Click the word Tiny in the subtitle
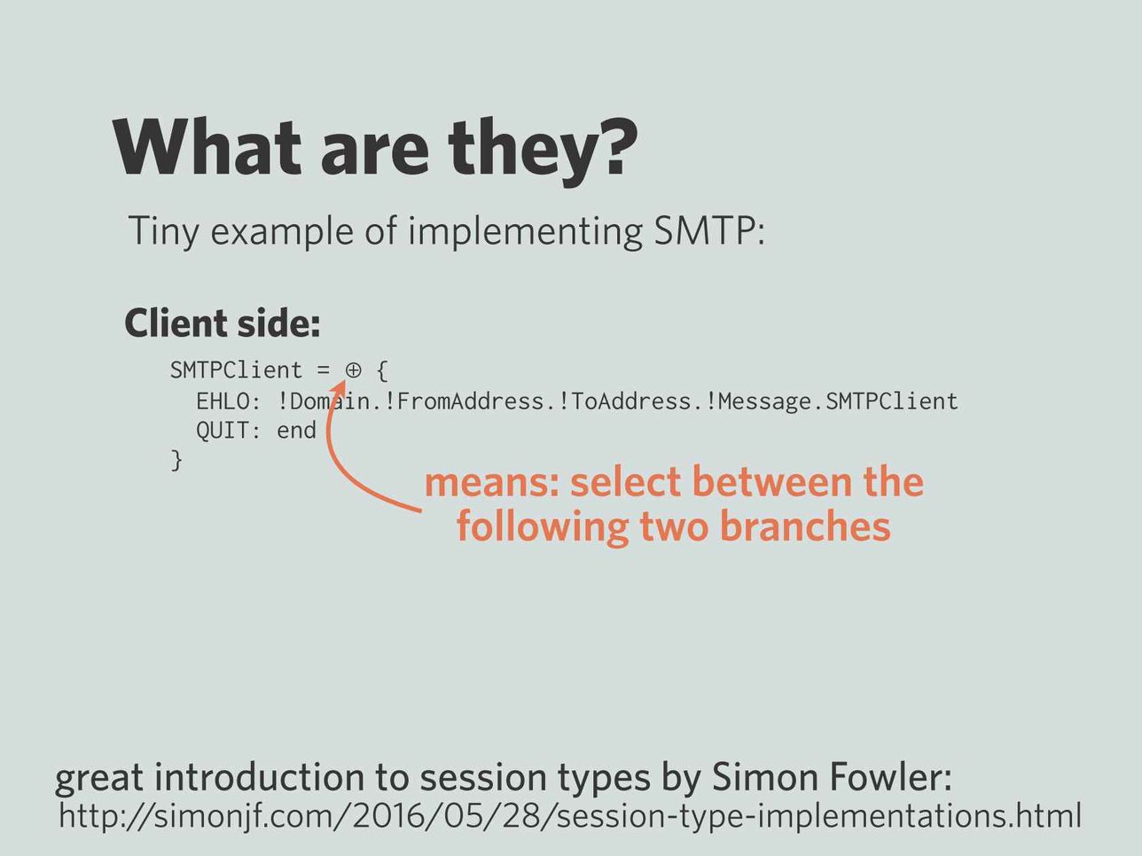pyautogui.click(x=163, y=232)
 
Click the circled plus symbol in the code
pyautogui.click(x=353, y=370)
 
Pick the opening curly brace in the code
pyautogui.click(x=381, y=370)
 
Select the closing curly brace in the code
pyautogui.click(x=177, y=461)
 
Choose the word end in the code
pyautogui.click(x=296, y=431)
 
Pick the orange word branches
pyautogui.click(x=807, y=526)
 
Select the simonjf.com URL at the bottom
pyautogui.click(x=570, y=816)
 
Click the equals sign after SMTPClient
pyautogui.click(x=323, y=370)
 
